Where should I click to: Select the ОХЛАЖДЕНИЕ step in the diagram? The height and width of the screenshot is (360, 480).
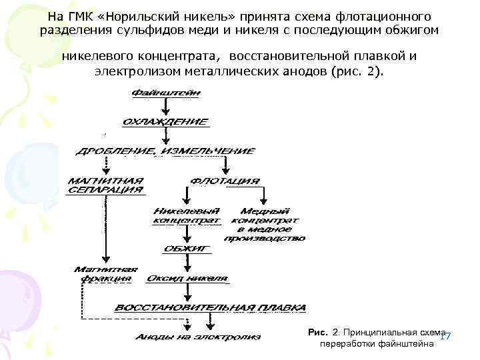165,122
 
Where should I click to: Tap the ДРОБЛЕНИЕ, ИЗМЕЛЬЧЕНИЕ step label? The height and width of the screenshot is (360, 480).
165,151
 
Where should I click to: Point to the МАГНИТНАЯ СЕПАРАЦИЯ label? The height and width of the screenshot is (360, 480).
105,185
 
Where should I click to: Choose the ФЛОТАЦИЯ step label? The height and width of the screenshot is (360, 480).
225,181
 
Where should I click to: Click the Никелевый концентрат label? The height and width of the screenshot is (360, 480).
186,215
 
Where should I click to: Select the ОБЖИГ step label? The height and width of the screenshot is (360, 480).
186,249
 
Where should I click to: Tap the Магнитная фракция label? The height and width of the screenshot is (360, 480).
106,273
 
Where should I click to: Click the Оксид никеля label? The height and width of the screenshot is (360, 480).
187,278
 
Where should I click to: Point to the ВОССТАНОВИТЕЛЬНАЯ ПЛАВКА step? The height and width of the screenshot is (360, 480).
211,308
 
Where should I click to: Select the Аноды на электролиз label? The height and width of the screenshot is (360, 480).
198,337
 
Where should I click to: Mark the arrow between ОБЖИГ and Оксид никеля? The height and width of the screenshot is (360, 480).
186,263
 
